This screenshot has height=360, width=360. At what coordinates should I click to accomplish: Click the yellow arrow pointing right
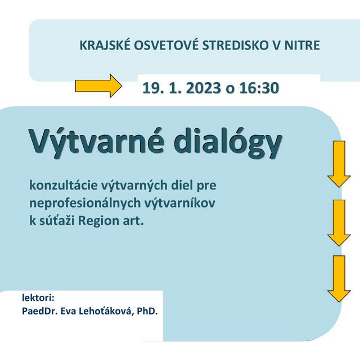click(x=98, y=87)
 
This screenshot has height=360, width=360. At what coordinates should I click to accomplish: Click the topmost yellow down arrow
click(x=339, y=164)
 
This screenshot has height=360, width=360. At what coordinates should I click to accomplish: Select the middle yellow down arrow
click(x=339, y=222)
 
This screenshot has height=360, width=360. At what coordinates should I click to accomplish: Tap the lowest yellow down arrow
click(x=339, y=279)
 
